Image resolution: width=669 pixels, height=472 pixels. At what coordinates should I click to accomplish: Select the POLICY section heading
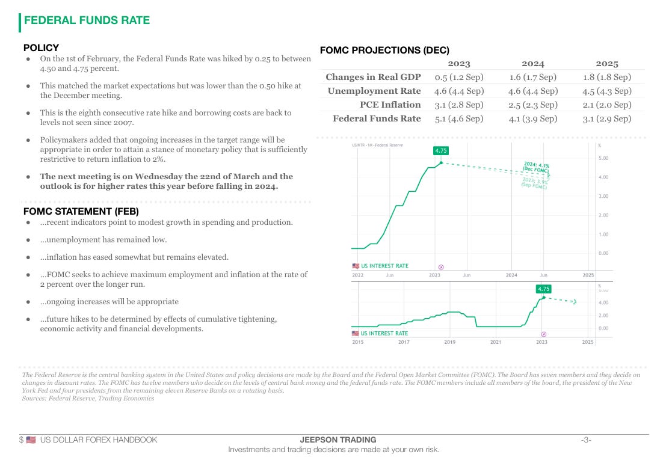click(41, 48)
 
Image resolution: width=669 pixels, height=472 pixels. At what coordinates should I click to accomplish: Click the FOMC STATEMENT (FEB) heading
click(81, 211)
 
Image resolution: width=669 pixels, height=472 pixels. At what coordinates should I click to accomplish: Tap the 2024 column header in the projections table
click(532, 63)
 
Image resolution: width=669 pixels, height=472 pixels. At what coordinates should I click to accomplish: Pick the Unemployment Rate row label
click(374, 91)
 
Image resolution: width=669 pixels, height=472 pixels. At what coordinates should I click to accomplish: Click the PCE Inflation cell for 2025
click(606, 105)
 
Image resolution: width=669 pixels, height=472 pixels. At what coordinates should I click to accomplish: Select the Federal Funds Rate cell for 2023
click(459, 118)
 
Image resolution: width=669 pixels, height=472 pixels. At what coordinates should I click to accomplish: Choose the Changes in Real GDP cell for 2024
click(532, 77)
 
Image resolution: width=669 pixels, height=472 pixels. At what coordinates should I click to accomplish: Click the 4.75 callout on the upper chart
click(441, 151)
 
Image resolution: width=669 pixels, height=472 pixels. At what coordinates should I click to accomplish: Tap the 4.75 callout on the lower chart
click(544, 289)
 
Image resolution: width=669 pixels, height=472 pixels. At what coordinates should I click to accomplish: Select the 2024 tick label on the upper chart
click(511, 275)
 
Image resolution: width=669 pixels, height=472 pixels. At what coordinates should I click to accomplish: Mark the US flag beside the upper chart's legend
click(355, 266)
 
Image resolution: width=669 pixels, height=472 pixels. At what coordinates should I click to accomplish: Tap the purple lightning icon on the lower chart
click(544, 334)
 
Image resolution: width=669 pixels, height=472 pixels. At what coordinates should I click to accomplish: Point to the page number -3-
click(586, 440)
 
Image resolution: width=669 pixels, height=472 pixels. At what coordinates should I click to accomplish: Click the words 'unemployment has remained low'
click(103, 239)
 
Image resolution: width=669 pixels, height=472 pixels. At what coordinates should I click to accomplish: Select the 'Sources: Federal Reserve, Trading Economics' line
click(88, 398)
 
